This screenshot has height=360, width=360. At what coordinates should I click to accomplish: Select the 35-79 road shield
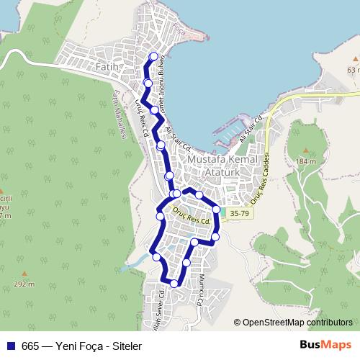tap(240, 213)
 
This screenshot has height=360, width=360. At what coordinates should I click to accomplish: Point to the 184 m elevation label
tap(305, 161)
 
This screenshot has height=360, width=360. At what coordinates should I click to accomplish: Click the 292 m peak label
tap(24, 284)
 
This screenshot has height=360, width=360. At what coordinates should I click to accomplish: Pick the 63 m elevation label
tap(351, 70)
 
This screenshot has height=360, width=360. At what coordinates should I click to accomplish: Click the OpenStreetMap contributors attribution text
tap(297, 323)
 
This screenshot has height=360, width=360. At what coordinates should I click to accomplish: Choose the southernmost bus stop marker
tap(174, 284)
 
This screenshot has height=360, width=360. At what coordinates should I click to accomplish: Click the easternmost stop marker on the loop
tap(216, 209)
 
